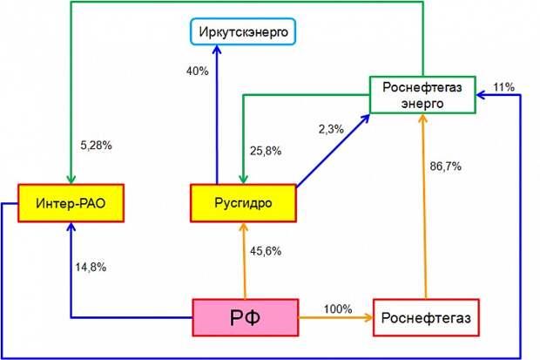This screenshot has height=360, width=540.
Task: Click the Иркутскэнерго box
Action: (x=243, y=31)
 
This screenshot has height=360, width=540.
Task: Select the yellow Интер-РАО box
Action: (x=71, y=203)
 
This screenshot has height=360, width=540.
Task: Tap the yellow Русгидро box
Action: (x=243, y=203)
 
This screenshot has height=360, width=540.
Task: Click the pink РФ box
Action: (x=246, y=317)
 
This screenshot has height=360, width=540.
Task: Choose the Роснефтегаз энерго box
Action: (x=422, y=95)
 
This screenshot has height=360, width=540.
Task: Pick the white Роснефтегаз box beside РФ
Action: (x=426, y=317)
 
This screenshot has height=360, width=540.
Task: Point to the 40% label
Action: (x=198, y=71)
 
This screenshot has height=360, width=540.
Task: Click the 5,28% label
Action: (x=96, y=146)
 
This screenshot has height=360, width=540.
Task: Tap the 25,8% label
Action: (x=266, y=151)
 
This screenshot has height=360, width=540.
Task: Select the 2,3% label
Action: (x=331, y=129)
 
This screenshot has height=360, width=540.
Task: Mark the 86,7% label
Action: (x=445, y=166)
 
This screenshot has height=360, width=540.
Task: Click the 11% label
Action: (x=503, y=87)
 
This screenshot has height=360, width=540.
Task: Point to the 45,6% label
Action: (x=266, y=251)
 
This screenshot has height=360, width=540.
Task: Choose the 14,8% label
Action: (x=91, y=268)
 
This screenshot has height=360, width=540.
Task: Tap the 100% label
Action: (x=338, y=309)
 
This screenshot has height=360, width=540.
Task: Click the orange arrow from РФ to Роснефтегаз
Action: (x=336, y=317)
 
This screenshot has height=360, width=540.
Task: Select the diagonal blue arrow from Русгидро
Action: (x=333, y=151)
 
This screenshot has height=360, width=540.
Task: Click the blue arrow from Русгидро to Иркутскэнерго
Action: (x=217, y=114)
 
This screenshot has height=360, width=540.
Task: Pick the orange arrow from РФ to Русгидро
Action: (x=244, y=261)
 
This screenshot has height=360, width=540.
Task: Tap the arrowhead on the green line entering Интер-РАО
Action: (x=71, y=180)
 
